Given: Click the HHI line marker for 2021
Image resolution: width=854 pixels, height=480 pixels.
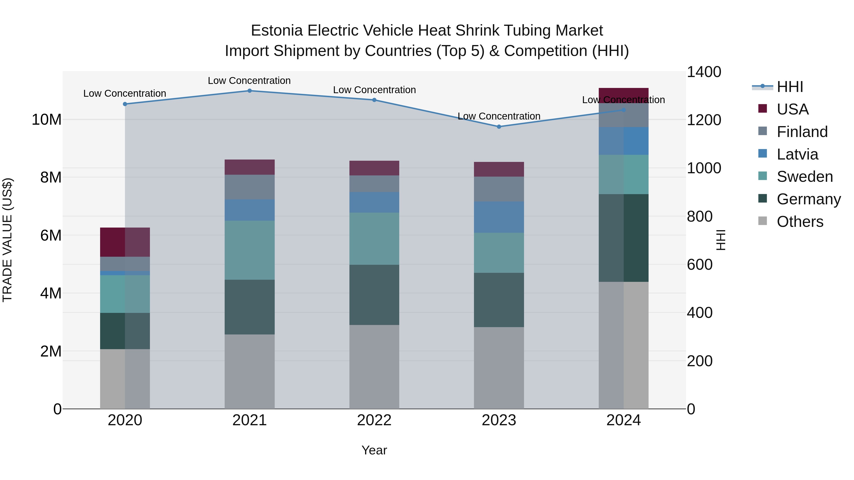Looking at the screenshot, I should [x=250, y=91].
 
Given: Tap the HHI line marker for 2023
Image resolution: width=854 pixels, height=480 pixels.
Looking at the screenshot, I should [x=499, y=127].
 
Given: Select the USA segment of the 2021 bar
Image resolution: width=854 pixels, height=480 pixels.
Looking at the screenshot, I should [x=250, y=167].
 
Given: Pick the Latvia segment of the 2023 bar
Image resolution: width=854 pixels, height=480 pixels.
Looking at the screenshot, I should [x=499, y=217].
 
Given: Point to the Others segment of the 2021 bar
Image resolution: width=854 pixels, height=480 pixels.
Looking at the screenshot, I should [x=250, y=371].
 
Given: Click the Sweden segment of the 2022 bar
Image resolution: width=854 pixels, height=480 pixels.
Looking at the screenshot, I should [x=374, y=238].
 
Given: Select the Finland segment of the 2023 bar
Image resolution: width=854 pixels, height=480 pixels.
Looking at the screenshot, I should [x=499, y=189].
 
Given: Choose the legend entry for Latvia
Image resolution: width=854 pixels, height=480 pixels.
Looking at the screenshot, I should [x=797, y=154].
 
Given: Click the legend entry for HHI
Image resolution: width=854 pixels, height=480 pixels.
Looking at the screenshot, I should [x=789, y=87].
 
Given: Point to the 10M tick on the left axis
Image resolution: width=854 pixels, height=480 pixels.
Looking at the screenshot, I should [x=46, y=120].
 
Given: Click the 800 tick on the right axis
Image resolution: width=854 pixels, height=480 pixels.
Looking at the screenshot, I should [x=700, y=216].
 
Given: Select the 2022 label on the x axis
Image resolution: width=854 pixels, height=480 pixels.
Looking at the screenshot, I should [x=374, y=420].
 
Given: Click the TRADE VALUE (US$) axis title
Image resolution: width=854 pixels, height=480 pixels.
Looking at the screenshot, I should [x=7, y=240].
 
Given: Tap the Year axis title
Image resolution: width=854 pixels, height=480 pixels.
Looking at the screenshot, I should [x=374, y=450].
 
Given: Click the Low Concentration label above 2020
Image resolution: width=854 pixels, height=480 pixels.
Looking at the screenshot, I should [x=125, y=93].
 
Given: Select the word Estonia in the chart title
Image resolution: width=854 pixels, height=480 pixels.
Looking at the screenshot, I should [x=277, y=31].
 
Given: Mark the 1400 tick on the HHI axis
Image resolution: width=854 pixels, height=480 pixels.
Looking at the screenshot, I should [x=704, y=72].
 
